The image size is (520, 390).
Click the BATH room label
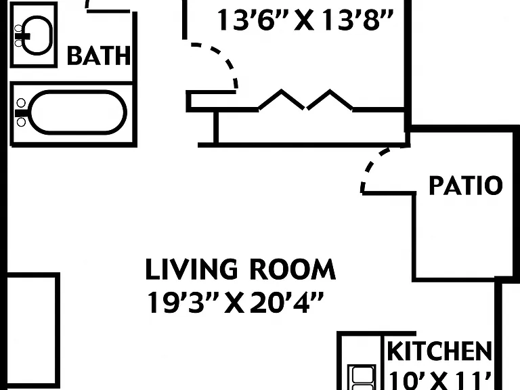99,56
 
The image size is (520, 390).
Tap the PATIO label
466,186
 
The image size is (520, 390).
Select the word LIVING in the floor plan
192,269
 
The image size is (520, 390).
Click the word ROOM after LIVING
292,269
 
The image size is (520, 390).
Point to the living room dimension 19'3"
183,302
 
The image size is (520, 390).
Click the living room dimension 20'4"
286,302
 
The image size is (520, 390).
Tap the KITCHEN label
439,351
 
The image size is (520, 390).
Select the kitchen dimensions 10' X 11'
439,381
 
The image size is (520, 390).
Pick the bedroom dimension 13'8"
357,20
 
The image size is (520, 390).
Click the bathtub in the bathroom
79,113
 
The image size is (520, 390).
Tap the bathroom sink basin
37,35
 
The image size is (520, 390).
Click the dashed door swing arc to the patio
374,166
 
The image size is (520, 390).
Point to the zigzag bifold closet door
305,100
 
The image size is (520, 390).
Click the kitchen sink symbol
362,377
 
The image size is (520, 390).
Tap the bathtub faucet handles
21,113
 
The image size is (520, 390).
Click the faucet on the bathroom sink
20,35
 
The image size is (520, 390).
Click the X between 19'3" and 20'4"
234,303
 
